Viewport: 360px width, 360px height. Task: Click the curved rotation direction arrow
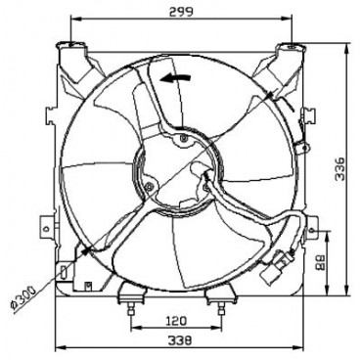pos(176,81)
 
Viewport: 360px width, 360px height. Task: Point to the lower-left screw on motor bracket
pos(147,186)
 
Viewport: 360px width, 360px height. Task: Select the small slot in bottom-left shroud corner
pos(66,271)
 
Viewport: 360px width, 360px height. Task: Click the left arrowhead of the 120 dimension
pos(132,329)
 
